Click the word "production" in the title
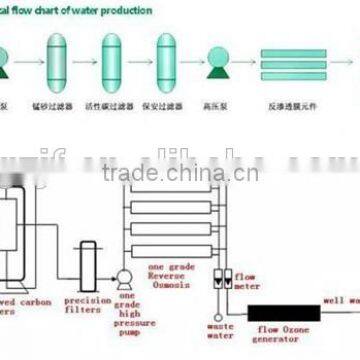[x=129, y=10]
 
